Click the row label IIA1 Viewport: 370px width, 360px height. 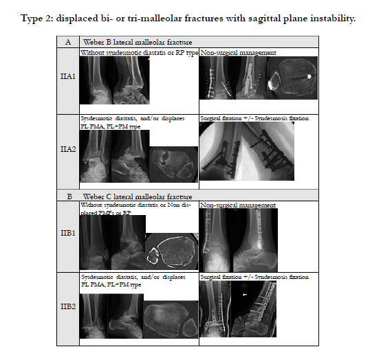pos(68,76)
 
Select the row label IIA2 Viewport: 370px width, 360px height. pos(68,149)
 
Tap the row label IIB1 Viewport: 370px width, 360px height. pos(68,233)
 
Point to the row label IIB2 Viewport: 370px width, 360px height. pos(68,306)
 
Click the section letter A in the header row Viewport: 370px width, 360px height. pos(68,42)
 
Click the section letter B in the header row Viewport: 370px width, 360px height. pos(69,196)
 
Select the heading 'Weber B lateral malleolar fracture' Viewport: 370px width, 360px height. pos(138,42)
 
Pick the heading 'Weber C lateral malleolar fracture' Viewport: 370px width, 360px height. pos(138,196)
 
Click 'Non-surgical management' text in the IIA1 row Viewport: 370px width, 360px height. pos(239,53)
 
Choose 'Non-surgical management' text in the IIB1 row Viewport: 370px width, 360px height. pos(238,205)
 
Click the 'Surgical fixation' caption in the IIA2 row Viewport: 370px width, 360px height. pos(221,118)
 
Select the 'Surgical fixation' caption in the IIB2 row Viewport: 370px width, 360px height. pos(221,277)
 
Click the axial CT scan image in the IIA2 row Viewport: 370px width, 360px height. pos(173,164)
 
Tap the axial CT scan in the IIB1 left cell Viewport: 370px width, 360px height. pos(171,251)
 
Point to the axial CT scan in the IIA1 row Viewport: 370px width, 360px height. pos(292,78)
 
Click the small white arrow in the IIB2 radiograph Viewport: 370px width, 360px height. pos(245,295)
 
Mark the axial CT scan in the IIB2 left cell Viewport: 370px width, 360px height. pos(171,319)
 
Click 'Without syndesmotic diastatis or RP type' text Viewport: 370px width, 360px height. pos(139,53)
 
